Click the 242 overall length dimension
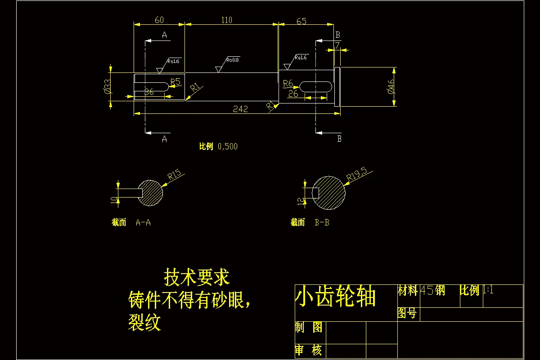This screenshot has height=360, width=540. pyautogui.click(x=240, y=109)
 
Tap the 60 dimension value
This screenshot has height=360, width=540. pyautogui.click(x=159, y=20)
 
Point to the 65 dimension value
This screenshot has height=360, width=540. pyautogui.click(x=301, y=21)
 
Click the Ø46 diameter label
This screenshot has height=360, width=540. pyautogui.click(x=391, y=86)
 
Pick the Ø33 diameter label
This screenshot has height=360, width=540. pyautogui.click(x=107, y=86)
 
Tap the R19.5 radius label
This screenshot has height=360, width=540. pyautogui.click(x=357, y=174)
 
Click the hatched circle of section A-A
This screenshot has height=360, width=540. pyautogui.click(x=150, y=193)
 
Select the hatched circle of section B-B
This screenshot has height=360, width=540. pyautogui.click(x=329, y=192)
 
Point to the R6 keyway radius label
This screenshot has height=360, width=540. pyautogui.click(x=288, y=83)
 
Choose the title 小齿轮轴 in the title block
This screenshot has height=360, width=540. pyautogui.click(x=335, y=297)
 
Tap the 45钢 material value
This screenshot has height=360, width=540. pyautogui.click(x=432, y=290)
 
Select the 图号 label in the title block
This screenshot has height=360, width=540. pyautogui.click(x=407, y=313)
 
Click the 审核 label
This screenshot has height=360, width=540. pyautogui.click(x=309, y=350)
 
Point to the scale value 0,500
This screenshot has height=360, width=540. pyautogui.click(x=227, y=146)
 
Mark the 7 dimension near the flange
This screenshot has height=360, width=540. pyautogui.click(x=337, y=45)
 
